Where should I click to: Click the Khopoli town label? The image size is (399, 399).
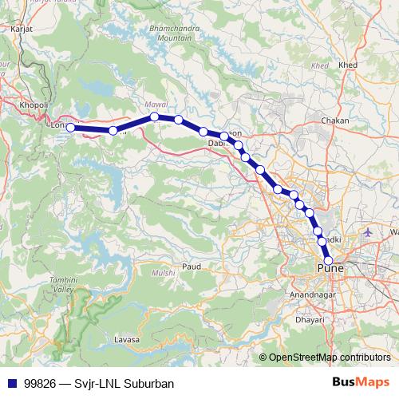tap(34, 105)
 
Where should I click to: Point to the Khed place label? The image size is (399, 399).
tap(347, 65)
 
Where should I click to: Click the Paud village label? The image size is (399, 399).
tap(191, 266)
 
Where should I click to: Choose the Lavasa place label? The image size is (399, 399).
tap(126, 340)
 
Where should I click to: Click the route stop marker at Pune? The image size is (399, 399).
tap(328, 259)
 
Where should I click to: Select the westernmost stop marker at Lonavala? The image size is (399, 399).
tap(70, 127)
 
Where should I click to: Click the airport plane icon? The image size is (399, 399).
tap(367, 233)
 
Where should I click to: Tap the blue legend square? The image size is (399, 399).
tap(13, 383)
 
